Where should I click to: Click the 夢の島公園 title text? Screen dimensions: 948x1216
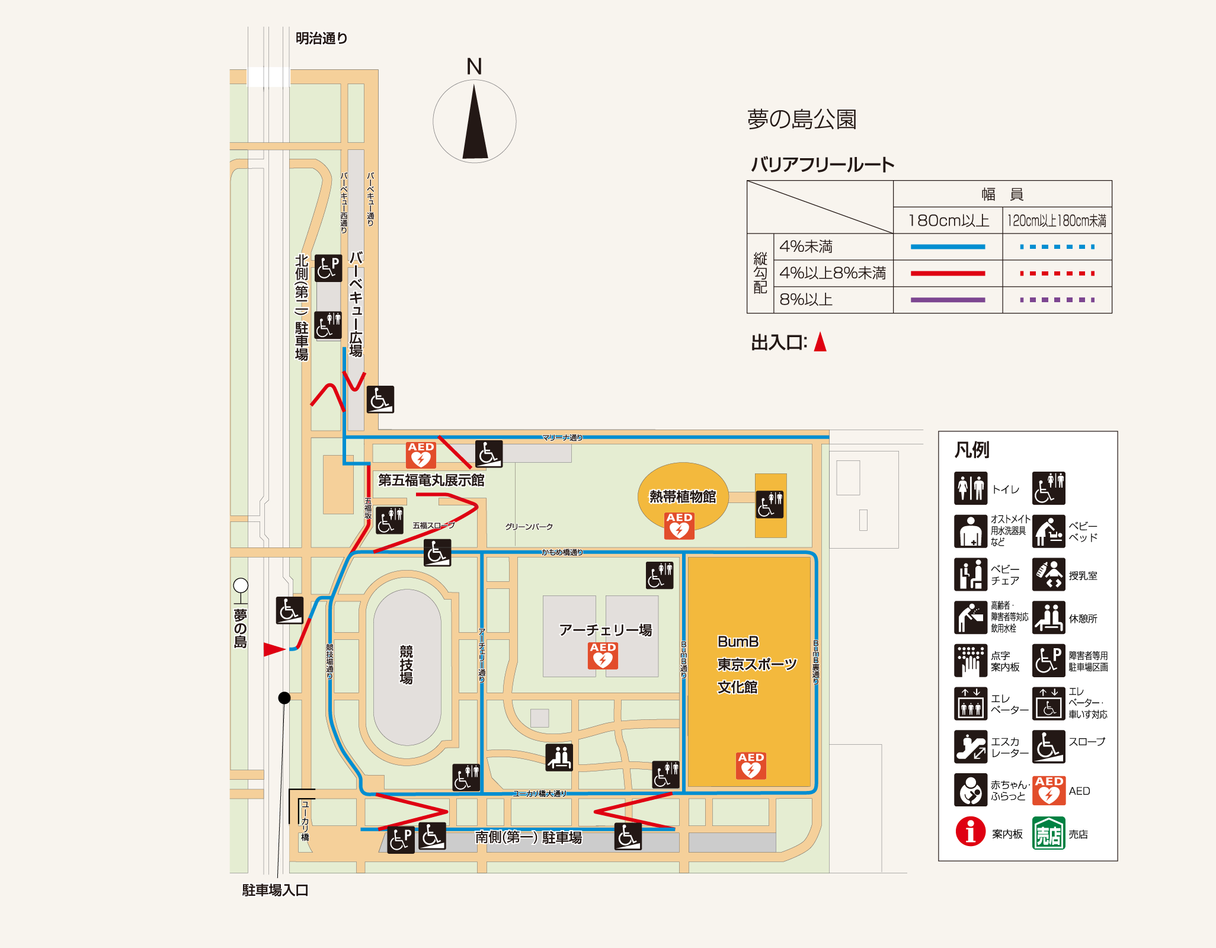coord(802,119)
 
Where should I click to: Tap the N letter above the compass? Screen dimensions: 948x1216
coord(474,66)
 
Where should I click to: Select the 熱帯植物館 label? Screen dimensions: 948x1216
coord(683,497)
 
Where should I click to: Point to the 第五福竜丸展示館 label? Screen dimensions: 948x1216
coord(431,480)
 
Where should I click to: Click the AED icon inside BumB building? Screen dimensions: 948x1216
coord(751,766)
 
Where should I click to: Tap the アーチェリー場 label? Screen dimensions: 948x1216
coord(605,630)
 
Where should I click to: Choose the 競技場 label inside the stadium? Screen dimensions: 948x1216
coord(406,664)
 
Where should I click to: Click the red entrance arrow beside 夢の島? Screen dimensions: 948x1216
coord(274,649)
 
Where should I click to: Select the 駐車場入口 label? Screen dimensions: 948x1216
coord(275,890)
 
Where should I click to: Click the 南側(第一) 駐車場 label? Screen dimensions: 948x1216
coord(529,837)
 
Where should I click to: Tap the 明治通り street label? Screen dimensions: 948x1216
coord(321,39)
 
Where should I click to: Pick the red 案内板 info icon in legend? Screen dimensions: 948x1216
coord(970,832)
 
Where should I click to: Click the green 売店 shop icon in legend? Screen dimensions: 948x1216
coord(1048,833)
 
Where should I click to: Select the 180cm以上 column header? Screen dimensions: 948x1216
coord(948,220)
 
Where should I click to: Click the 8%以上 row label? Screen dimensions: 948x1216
coord(806,300)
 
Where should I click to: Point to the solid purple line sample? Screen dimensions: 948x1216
coord(948,300)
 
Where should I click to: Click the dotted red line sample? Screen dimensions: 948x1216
coord(1057,273)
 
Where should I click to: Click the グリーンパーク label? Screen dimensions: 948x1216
coord(529,527)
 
